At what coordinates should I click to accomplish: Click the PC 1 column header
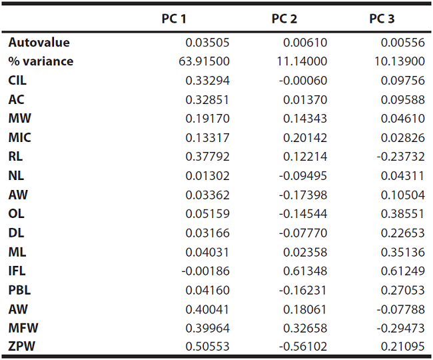[x=174, y=19]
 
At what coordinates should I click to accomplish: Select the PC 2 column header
[x=284, y=19]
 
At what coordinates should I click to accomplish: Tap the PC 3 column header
[x=382, y=19]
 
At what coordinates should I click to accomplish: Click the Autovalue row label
[x=39, y=43]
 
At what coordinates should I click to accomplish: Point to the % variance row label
[x=41, y=62]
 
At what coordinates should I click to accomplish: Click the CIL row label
[x=18, y=81]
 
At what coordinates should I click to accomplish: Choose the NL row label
[x=16, y=176]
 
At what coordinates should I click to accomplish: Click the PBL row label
[x=19, y=290]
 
